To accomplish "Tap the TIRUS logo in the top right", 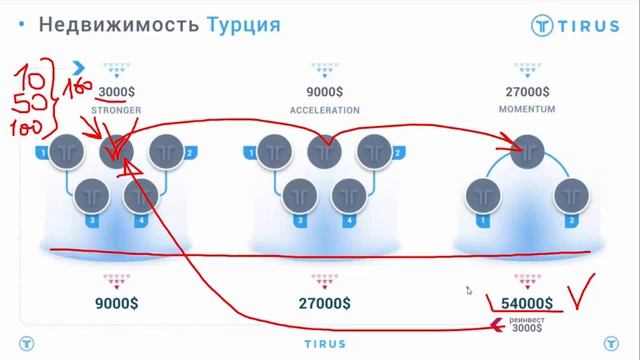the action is pos(574,27).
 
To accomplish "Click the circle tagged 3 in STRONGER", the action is pos(94,193).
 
